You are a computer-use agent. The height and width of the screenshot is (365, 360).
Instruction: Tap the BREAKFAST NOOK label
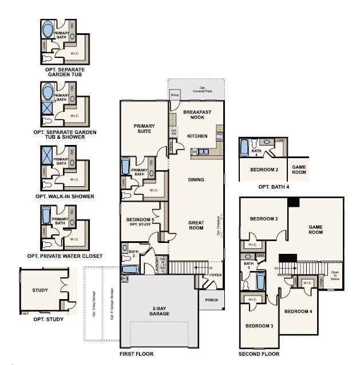(197, 115)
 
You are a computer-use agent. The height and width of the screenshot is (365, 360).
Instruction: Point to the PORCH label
(211, 299)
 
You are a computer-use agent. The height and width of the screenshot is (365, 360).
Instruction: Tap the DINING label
(196, 179)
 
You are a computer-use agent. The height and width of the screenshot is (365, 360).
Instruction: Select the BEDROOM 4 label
(299, 312)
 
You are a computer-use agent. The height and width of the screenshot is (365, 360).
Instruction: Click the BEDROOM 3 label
(259, 326)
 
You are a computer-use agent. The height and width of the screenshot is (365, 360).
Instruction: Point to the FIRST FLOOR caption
(137, 354)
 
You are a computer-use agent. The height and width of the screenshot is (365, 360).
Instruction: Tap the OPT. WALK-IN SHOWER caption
(65, 197)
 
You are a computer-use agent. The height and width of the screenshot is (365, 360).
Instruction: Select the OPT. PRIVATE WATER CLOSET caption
(65, 256)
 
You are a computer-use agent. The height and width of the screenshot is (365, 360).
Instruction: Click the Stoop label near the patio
(175, 95)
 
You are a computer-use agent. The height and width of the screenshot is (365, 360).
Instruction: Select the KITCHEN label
(197, 136)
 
